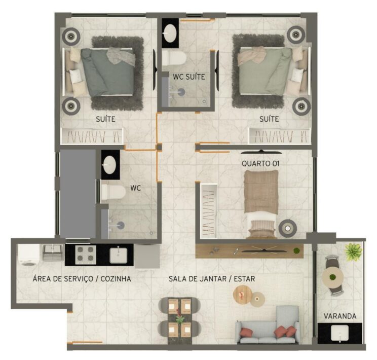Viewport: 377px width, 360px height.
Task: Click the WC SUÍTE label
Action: point(189,77)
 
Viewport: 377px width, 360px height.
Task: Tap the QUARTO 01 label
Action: point(260,164)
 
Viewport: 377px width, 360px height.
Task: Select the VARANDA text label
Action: point(340,316)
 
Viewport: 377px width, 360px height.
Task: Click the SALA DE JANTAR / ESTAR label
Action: point(212,279)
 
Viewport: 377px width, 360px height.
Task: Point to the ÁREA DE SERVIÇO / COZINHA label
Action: point(82,279)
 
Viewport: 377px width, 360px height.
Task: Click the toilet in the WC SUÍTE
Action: point(174,58)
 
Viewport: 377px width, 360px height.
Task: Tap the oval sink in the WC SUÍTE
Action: point(170,33)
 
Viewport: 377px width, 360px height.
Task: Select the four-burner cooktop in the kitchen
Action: point(85,255)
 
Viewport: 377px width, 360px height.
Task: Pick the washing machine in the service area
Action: point(29,255)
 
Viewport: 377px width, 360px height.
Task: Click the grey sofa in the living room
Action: point(268,326)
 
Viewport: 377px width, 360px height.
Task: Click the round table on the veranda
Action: point(332,277)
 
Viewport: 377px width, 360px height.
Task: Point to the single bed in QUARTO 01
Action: point(261,204)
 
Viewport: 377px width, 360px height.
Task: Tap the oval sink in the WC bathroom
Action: point(109,165)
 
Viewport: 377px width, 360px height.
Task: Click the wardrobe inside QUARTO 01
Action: point(209,211)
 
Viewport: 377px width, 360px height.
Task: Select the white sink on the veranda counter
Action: point(340,333)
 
